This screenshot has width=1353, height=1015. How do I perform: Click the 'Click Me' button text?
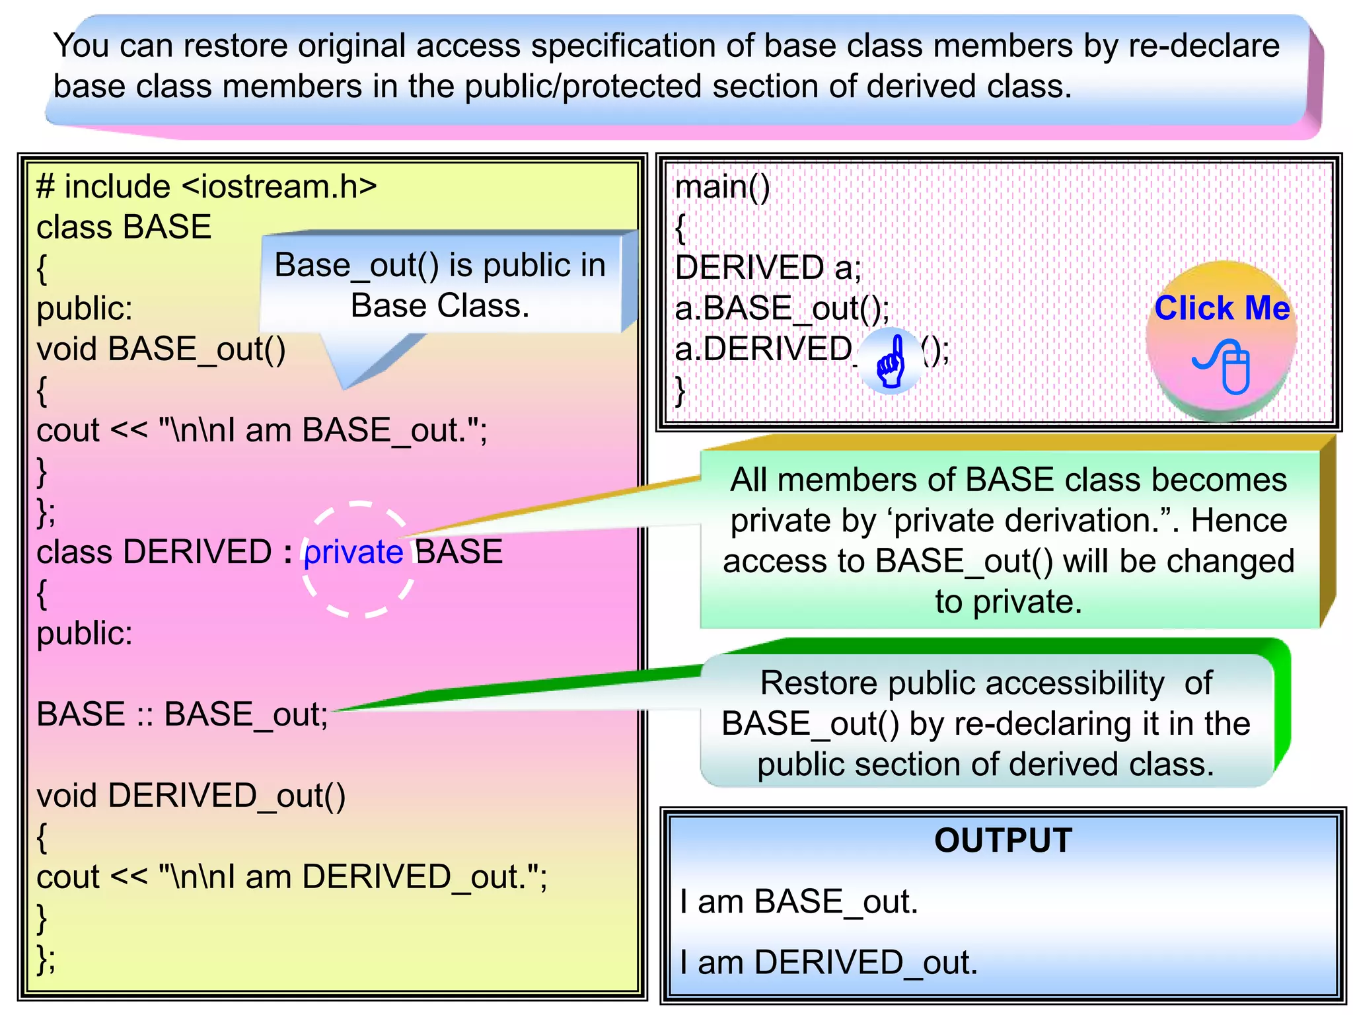point(1222,308)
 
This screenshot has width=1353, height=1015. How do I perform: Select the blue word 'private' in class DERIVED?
point(353,552)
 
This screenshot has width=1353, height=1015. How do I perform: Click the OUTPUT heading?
point(1003,841)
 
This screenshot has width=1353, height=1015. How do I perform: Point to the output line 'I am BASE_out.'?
point(799,902)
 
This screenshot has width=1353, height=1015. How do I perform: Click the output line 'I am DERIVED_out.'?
point(828,962)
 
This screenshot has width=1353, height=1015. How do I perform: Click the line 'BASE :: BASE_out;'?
point(182,714)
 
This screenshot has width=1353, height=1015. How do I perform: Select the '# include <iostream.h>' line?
point(206,187)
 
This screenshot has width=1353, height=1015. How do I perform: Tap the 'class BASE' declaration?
point(124,227)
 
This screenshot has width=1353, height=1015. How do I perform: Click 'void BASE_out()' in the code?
point(161,349)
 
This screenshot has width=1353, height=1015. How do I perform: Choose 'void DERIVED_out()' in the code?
point(191,796)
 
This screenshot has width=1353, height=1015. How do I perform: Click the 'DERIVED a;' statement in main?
point(768,268)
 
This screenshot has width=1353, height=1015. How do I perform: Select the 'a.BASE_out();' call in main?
point(782,309)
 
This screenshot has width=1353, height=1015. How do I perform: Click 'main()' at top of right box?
point(722,187)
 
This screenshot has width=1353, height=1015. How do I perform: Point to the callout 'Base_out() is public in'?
point(439,266)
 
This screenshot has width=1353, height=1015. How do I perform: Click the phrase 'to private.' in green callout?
point(1008,602)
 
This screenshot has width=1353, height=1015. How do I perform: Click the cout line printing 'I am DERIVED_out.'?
point(291,877)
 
